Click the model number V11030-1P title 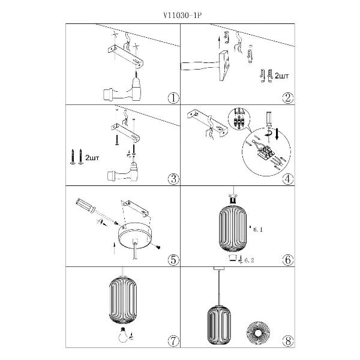click(182, 16)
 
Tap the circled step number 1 click(173, 98)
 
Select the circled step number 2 click(288, 98)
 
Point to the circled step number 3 click(173, 179)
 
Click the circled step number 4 click(288, 179)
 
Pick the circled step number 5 click(173, 260)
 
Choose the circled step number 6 click(288, 260)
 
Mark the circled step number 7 click(173, 341)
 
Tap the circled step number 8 click(288, 341)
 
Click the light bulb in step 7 click(123, 335)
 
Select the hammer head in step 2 click(224, 66)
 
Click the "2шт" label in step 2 click(281, 76)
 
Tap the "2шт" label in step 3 click(92, 158)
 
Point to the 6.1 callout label click(257, 229)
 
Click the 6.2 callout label click(249, 260)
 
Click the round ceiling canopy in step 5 click(135, 235)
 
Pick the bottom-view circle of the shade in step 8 click(258, 332)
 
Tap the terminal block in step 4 click(266, 152)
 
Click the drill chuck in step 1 click(137, 82)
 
